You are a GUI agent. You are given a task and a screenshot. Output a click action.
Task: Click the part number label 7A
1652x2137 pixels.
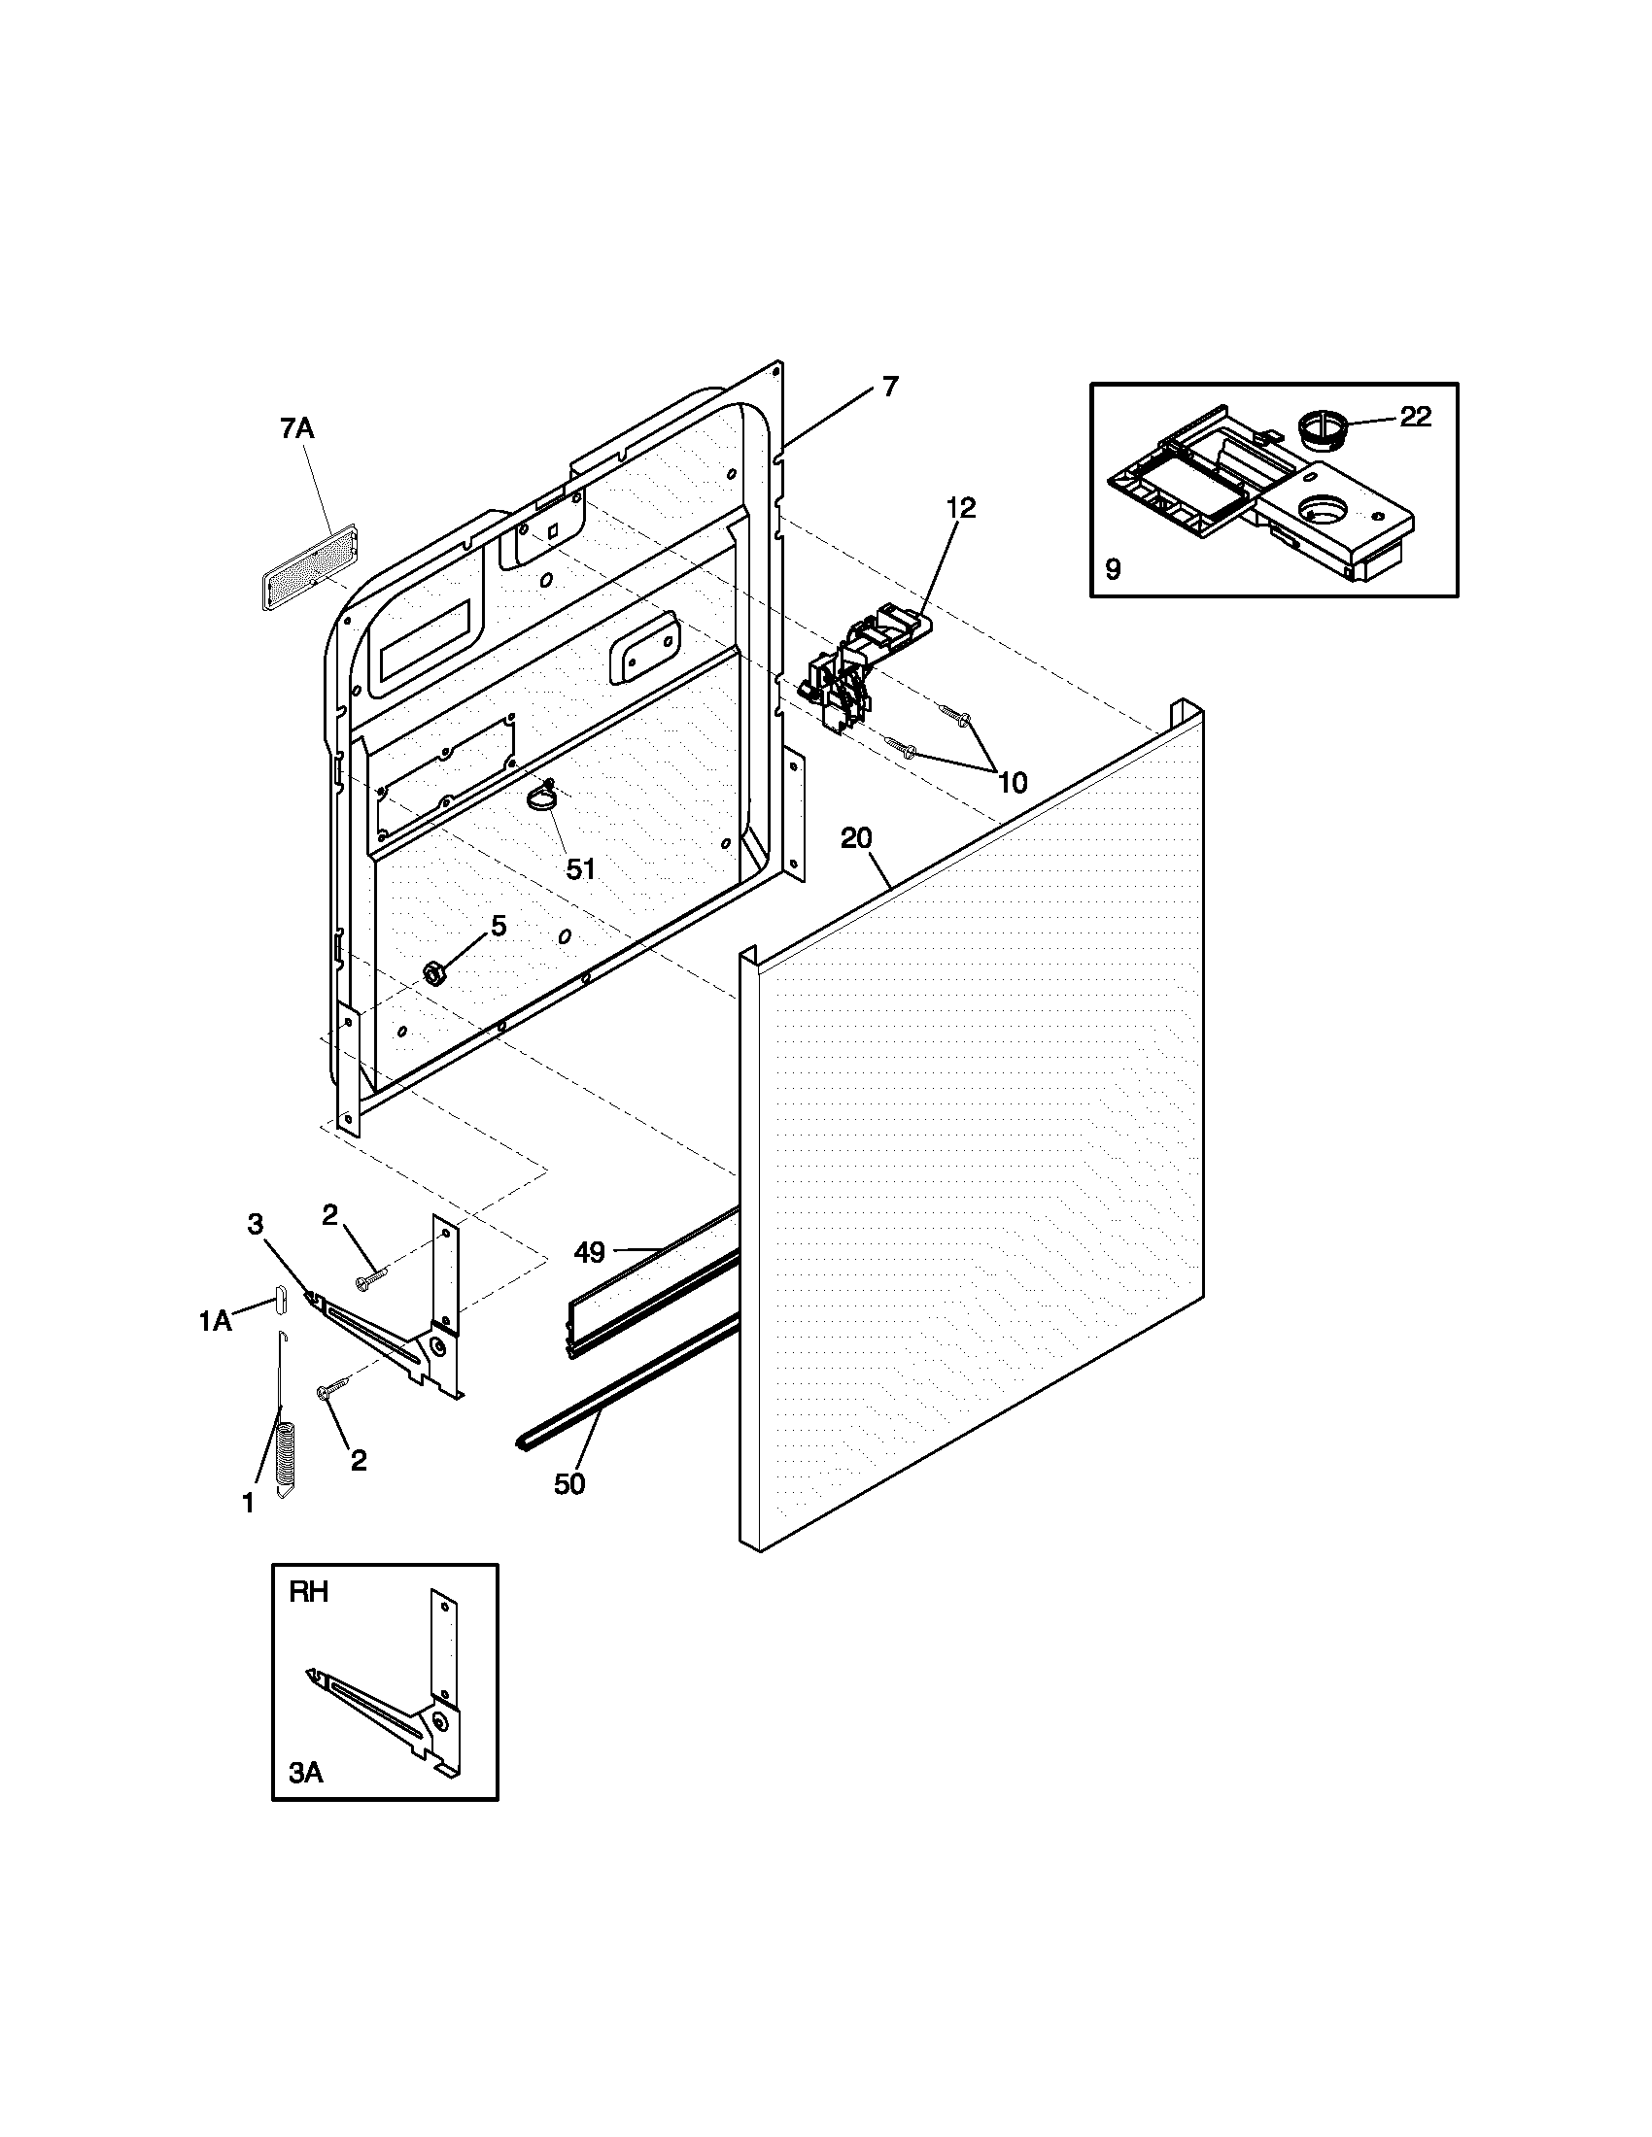(296, 427)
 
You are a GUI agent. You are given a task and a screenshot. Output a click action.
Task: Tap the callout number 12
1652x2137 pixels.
(961, 507)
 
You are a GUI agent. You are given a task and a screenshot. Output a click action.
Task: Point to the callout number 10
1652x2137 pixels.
(1013, 782)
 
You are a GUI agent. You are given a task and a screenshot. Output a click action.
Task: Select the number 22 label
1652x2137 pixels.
(1415, 417)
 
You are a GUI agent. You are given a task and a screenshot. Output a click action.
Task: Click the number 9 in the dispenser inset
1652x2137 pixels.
(1113, 569)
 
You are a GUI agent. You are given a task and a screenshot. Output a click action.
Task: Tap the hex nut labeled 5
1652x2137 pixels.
(433, 971)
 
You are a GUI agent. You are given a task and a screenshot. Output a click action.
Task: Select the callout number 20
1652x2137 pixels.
(855, 838)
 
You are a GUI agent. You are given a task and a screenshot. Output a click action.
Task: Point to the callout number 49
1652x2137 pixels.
(589, 1250)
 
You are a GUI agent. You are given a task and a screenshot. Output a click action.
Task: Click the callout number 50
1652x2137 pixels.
(569, 1484)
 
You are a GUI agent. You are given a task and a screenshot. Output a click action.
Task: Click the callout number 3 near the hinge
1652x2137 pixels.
(256, 1224)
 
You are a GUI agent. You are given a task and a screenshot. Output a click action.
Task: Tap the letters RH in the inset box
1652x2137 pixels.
(308, 1593)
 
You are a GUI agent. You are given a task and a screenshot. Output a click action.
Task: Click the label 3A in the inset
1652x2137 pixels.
(306, 1774)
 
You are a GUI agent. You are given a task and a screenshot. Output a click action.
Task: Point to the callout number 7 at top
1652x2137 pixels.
(888, 387)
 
